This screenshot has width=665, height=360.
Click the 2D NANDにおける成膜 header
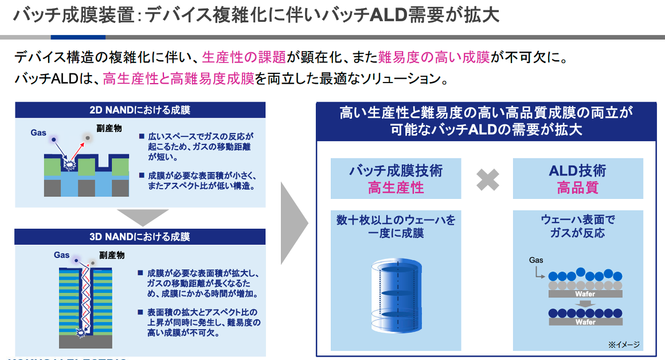coord(140,110)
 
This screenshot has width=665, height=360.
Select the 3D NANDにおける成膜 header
coord(140,237)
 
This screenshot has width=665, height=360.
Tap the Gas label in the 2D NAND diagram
coord(38,133)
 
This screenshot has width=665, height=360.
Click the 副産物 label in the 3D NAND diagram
coord(112,255)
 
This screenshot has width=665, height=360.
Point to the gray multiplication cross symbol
coord(487,179)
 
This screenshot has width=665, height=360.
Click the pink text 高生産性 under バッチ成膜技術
coord(396,187)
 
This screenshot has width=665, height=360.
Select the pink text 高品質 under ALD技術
coord(578,187)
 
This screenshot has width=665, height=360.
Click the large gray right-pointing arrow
coord(294,223)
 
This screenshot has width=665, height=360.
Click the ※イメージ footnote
coord(624,345)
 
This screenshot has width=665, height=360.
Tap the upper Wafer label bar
coord(585,294)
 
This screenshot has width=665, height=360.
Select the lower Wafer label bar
coord(585,322)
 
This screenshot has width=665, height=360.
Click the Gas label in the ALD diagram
coord(536,260)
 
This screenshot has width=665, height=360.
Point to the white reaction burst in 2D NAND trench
coord(68,164)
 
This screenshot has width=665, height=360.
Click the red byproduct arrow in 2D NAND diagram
coord(77,150)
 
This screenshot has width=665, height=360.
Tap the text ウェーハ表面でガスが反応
coord(578,226)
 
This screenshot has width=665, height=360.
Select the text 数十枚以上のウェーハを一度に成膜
coord(396,226)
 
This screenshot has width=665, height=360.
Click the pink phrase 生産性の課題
coord(244,57)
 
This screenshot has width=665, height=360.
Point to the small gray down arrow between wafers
coord(585,304)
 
